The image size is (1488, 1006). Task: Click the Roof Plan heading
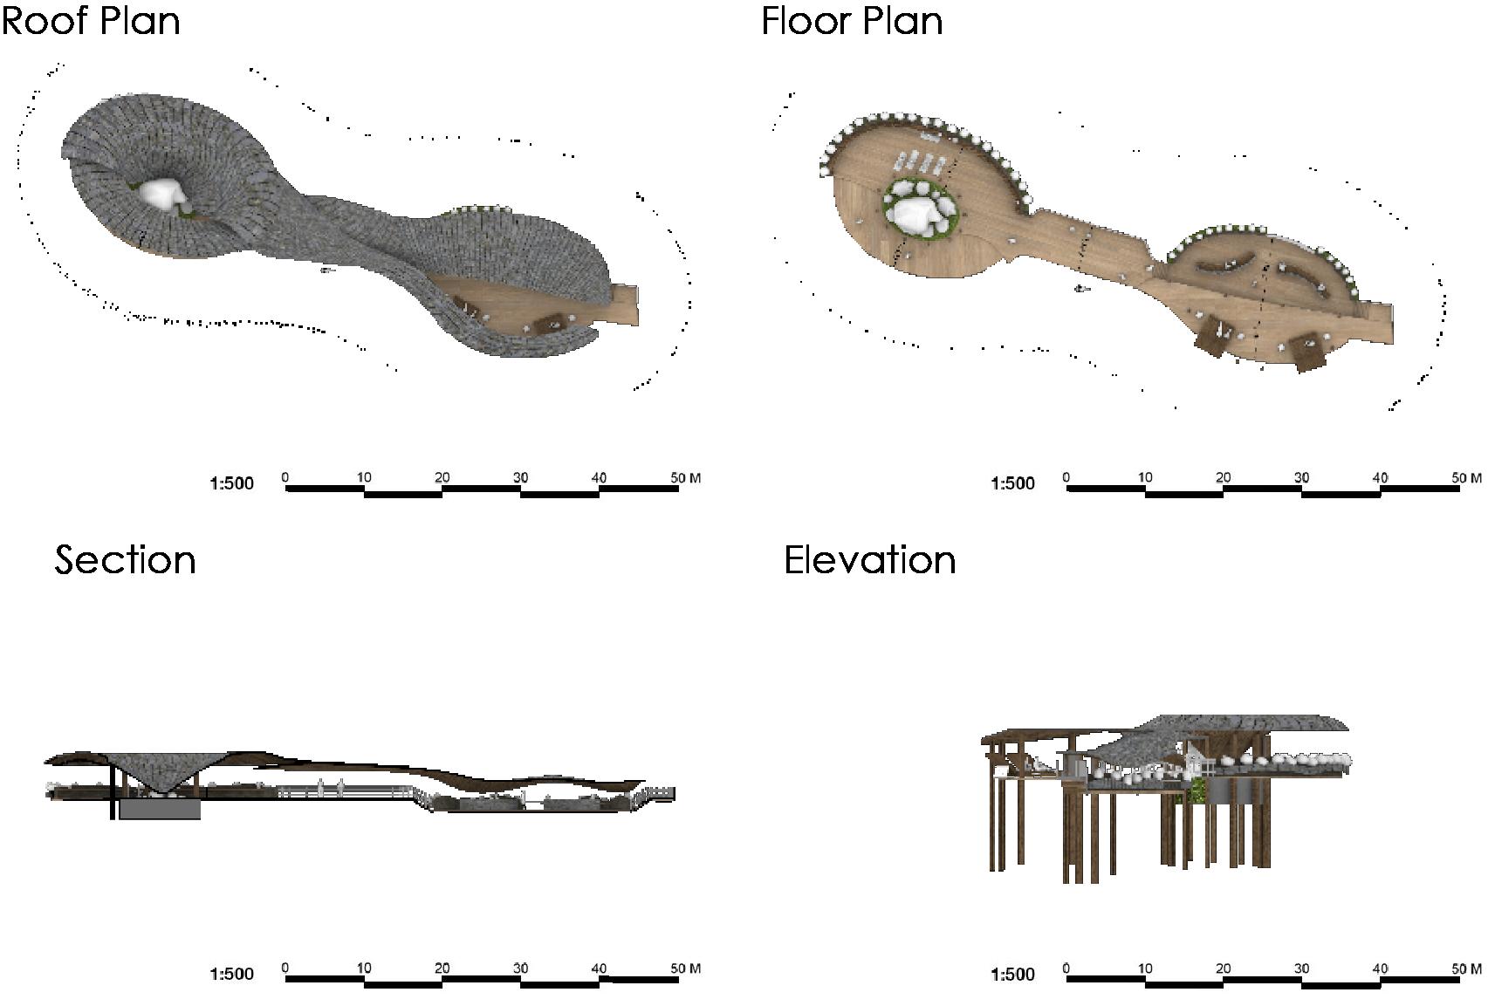[x=91, y=21]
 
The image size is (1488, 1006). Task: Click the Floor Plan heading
[x=852, y=21]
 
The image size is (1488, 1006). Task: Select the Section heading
[x=125, y=560]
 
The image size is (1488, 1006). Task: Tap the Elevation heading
[x=869, y=560]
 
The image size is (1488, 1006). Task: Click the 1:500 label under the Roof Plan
[x=231, y=483]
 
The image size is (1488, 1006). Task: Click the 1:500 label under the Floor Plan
[x=1012, y=483]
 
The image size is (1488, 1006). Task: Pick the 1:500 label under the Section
[x=231, y=974]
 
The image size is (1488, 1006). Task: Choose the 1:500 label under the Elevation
[x=1012, y=974]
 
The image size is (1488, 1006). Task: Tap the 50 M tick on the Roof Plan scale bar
[x=684, y=478]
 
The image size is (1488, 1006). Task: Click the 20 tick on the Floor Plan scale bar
[x=1223, y=478]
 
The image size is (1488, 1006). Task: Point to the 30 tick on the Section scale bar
[x=520, y=968]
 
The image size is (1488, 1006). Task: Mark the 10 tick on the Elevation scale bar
[x=1144, y=968]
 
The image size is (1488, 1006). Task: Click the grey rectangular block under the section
[x=160, y=810]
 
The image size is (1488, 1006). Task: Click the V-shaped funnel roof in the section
[x=161, y=772]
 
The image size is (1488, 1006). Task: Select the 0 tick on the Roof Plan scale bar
[x=285, y=478]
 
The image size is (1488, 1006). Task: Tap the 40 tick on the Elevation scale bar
[x=1379, y=968]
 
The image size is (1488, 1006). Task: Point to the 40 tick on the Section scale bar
[x=599, y=968]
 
